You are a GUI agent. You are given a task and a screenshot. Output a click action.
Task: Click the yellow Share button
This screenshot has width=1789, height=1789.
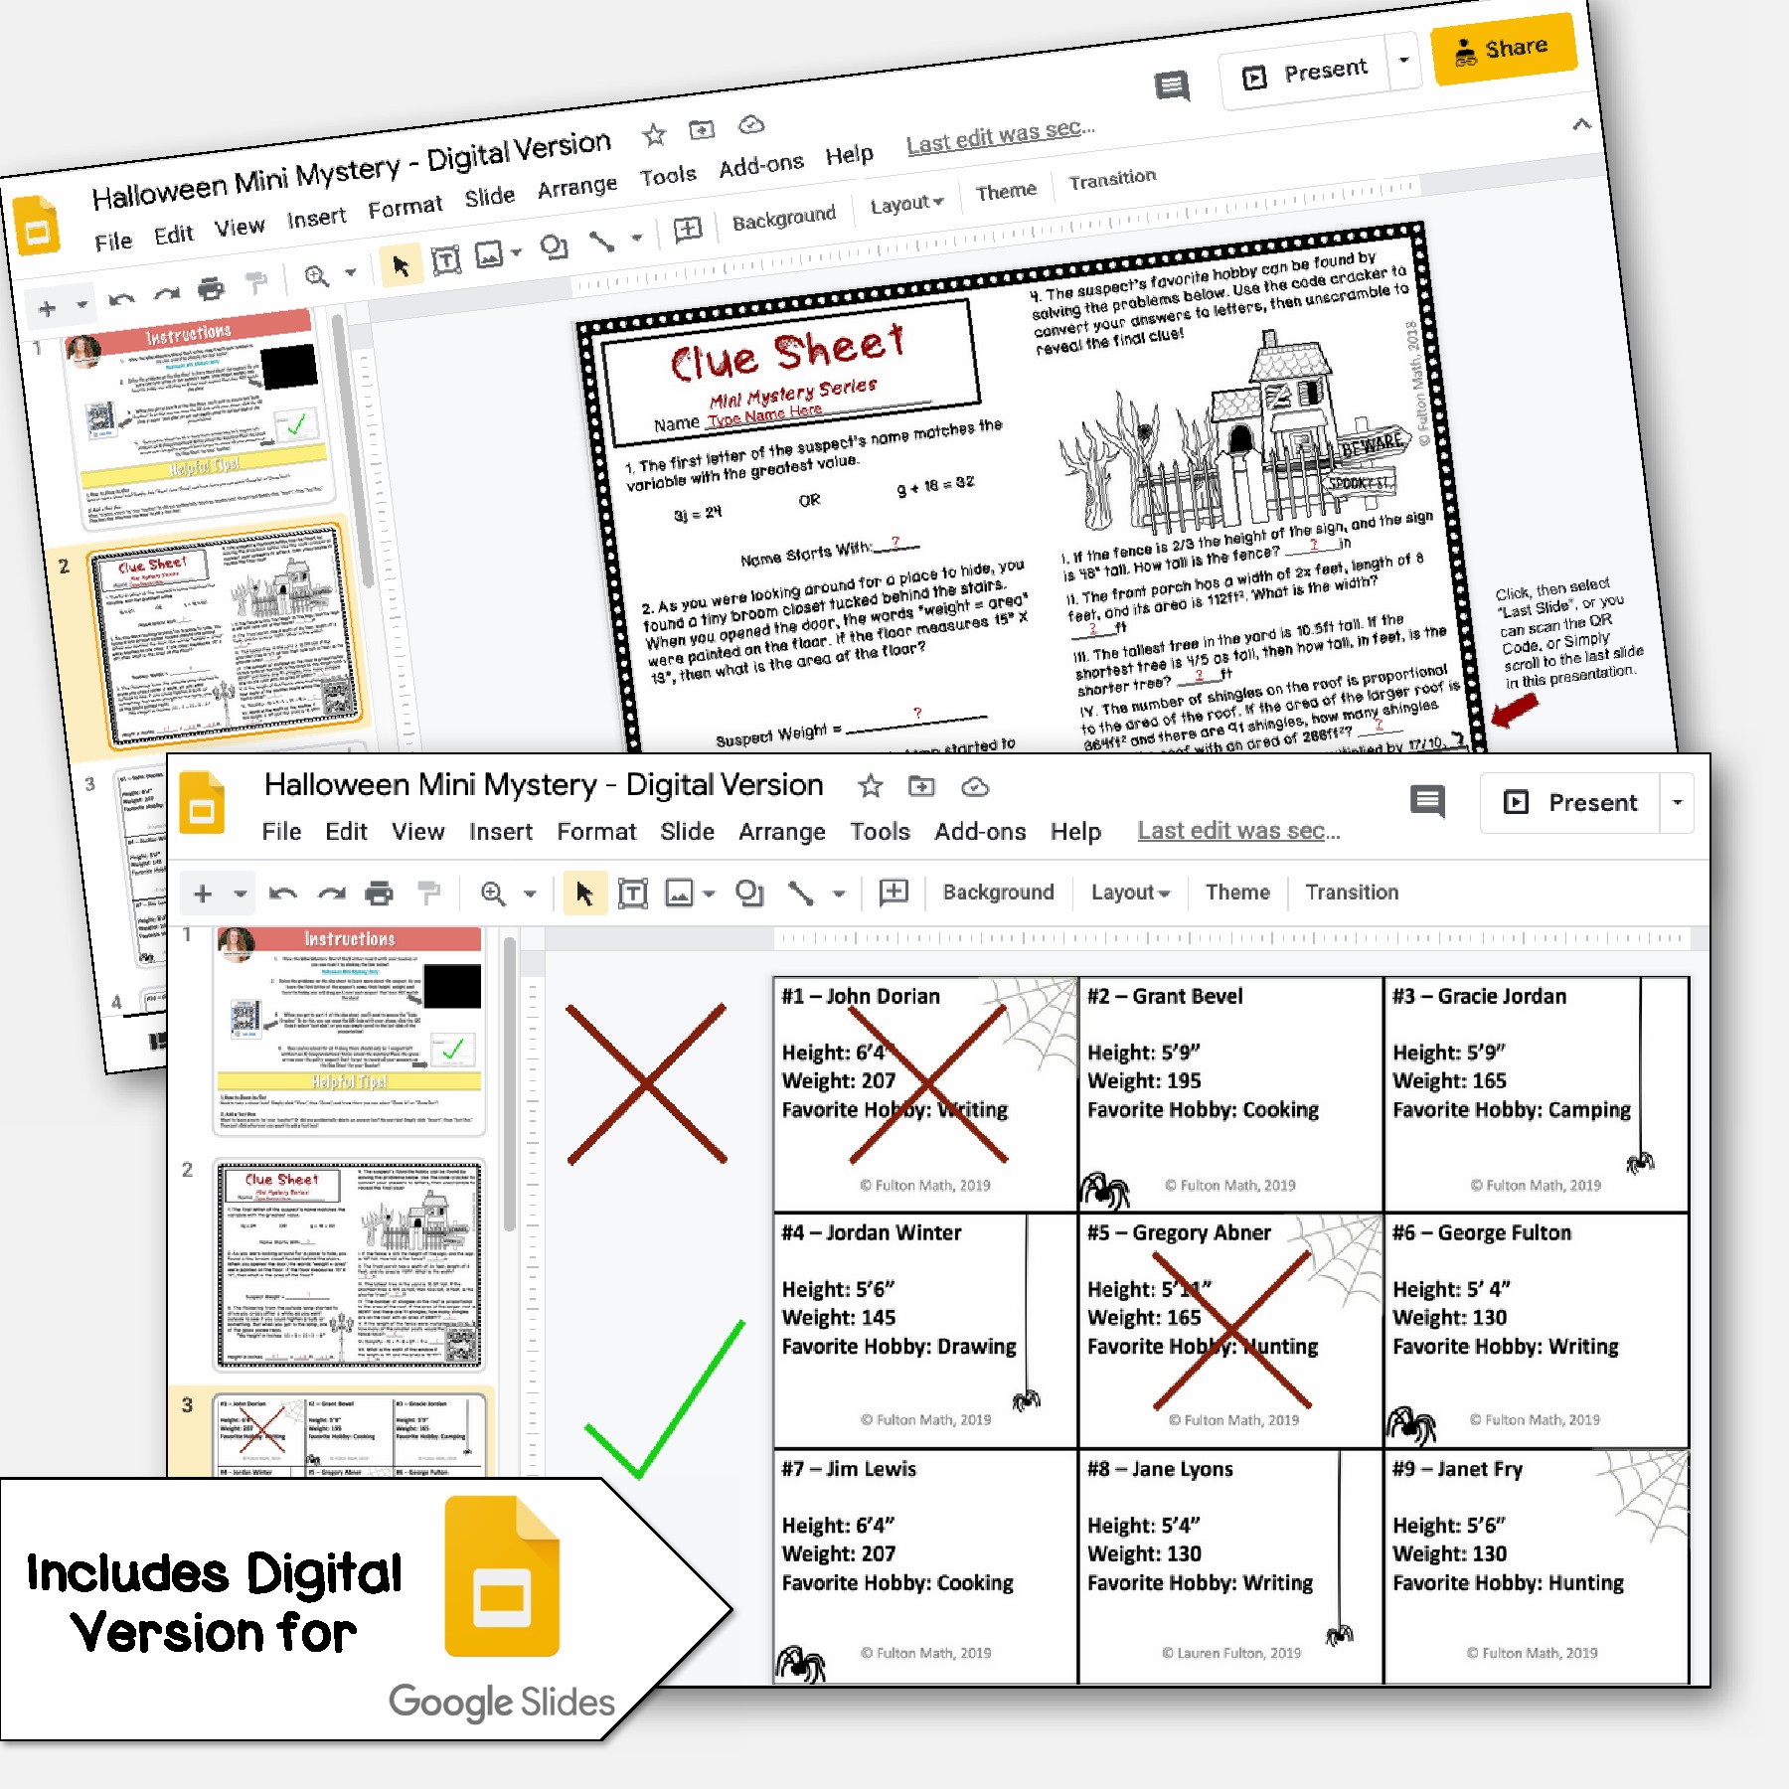1503,49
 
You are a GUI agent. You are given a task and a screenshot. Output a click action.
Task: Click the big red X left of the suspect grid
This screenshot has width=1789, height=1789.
646,1083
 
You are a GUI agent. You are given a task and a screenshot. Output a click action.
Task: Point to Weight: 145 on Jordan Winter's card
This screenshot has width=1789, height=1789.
838,1317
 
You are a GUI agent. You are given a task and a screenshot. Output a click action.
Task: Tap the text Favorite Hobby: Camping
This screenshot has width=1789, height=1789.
1511,1109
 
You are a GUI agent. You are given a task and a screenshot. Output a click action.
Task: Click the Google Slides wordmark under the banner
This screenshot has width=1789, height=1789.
501,1702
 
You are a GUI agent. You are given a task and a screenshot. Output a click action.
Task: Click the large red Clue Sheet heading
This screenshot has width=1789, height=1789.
787,352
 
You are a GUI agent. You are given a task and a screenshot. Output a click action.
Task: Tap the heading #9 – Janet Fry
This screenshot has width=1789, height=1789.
1457,1469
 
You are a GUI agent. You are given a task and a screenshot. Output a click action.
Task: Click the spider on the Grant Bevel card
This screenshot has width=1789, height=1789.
1104,1188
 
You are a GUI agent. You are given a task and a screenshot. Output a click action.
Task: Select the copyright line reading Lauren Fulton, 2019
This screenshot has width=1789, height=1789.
1230,1653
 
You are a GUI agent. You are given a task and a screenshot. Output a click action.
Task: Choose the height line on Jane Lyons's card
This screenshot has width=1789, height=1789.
1143,1525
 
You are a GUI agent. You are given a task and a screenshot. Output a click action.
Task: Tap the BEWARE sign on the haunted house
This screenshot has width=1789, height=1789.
1372,446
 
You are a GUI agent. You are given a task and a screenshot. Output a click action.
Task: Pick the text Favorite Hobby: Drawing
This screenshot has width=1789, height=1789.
898,1346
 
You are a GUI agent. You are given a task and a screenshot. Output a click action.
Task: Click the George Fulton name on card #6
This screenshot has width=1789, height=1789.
1504,1232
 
